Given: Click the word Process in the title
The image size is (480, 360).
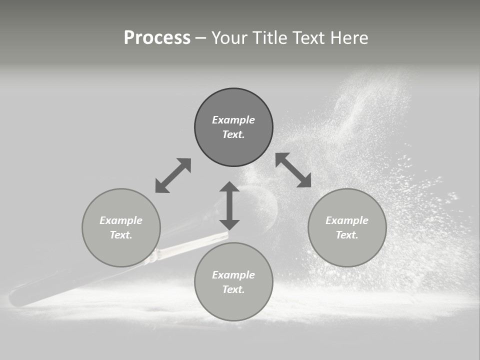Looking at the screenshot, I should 157,38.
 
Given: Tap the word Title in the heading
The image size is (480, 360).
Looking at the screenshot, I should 271,38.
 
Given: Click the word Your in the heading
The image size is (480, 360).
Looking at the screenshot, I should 229,38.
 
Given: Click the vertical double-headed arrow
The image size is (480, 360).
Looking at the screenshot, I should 229,205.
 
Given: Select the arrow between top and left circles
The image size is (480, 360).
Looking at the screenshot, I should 173,175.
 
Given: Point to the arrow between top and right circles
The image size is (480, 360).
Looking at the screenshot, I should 293,170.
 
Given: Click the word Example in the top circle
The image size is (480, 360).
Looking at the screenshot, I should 233,120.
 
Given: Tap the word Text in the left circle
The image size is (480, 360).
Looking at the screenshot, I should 121,235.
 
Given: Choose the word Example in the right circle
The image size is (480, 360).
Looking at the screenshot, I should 347,220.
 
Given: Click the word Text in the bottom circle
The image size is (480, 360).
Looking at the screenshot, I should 233,289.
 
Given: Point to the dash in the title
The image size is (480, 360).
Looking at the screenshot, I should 200,38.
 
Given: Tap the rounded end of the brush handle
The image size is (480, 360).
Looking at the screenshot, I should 15,298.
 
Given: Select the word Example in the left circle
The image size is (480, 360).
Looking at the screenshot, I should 121,220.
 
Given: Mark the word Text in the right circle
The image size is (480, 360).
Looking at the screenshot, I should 347,235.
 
